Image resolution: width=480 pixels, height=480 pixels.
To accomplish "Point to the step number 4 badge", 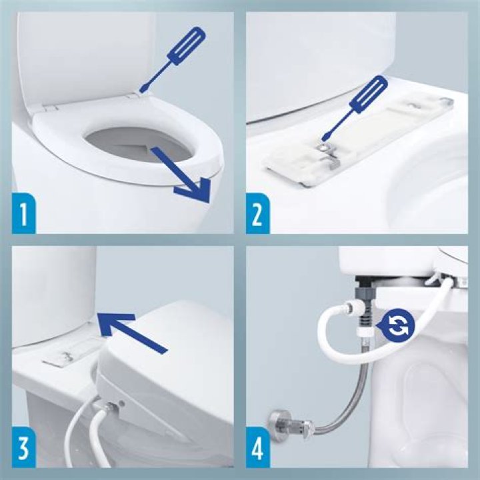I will pyautogui.click(x=257, y=451).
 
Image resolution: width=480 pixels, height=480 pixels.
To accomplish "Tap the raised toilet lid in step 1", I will pyautogui.click(x=80, y=53).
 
